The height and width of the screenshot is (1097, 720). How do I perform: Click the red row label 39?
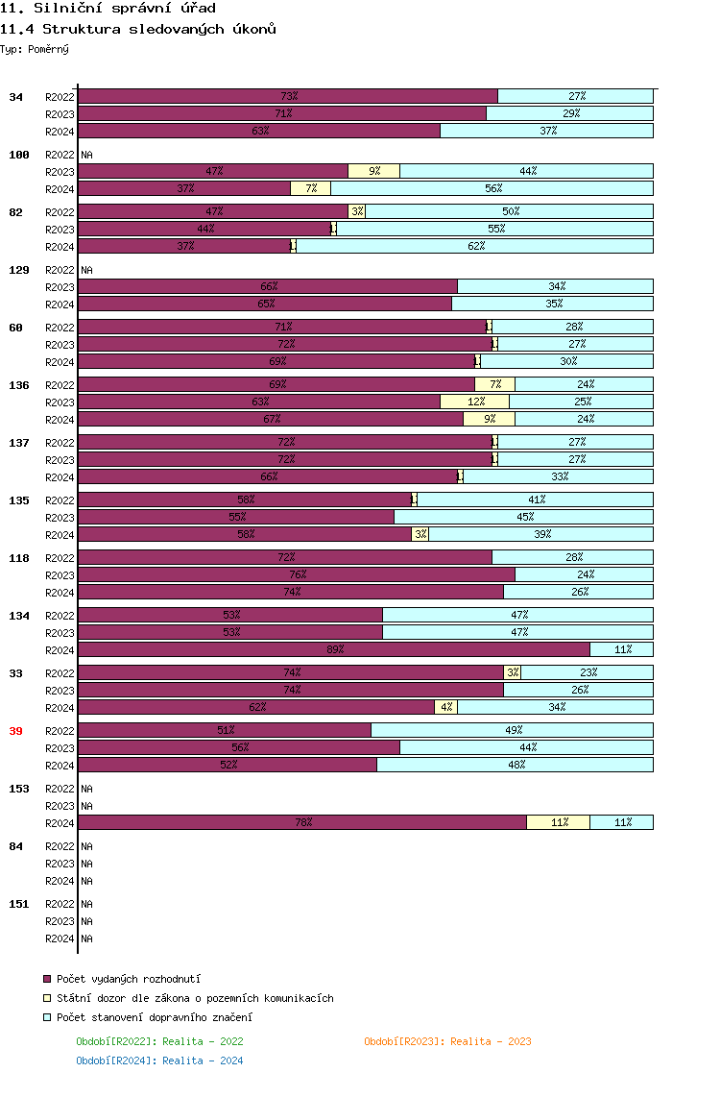15,731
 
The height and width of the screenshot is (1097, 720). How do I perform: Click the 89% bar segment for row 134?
334,649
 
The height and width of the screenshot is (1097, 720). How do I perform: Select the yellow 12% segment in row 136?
474,402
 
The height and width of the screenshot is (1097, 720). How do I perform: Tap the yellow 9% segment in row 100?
373,171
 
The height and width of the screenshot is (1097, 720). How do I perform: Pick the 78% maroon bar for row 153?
302,822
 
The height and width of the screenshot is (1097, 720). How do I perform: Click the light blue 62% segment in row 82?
474,246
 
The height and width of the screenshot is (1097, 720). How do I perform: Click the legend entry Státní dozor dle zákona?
195,998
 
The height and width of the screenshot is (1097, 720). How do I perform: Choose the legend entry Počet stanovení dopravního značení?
155,1017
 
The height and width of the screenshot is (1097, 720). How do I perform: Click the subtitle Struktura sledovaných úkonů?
138,29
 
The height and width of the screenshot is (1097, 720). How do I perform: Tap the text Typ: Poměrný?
35,49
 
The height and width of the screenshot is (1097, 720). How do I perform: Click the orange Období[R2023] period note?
447,1041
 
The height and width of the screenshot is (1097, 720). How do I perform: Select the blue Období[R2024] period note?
159,1060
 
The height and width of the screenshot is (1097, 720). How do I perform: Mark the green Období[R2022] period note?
159,1041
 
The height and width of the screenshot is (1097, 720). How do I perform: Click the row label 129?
19,270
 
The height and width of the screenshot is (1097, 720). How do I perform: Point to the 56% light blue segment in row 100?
492,188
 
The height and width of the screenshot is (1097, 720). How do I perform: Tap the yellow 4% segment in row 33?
445,707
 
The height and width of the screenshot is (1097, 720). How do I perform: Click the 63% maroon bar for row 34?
259,131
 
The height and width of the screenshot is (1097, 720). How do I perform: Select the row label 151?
19,904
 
